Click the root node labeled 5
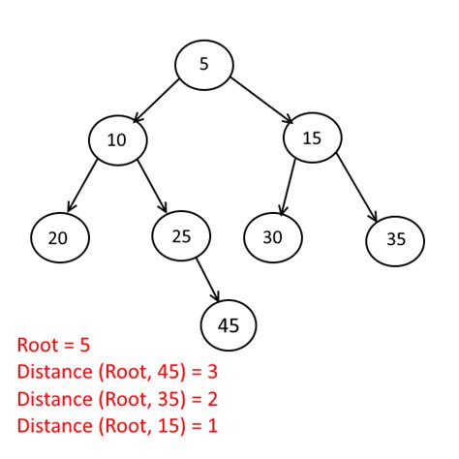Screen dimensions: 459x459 point(203,64)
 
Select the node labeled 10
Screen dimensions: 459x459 point(117,140)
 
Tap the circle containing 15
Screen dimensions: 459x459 point(312,138)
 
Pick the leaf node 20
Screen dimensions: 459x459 point(59,236)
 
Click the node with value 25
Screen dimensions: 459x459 point(181,235)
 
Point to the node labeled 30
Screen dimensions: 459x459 point(272,235)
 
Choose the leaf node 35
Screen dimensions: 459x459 point(396,237)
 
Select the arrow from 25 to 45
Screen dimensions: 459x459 point(206,279)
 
